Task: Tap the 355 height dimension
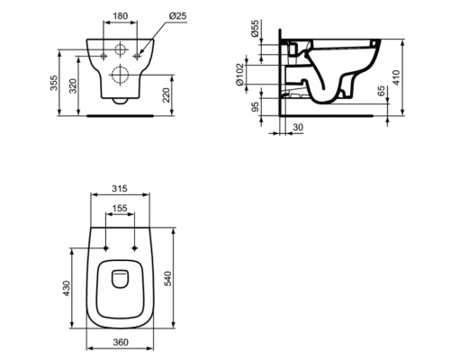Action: tap(54, 83)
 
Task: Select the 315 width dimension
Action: tap(121, 190)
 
